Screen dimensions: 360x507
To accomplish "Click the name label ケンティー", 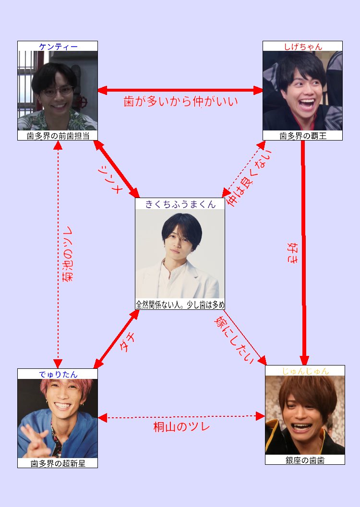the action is (58, 47).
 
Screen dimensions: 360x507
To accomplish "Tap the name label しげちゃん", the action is (302, 47).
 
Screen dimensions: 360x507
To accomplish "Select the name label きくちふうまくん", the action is (180, 203).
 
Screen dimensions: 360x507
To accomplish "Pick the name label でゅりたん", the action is (58, 374).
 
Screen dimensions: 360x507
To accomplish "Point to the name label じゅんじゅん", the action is (305, 371).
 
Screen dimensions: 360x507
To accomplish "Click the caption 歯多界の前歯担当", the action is (58, 136).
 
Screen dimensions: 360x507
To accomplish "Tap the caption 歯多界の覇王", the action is (302, 136).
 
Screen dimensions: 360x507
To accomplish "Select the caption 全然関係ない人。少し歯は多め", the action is (180, 305).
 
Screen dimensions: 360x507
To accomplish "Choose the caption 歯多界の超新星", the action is (58, 463).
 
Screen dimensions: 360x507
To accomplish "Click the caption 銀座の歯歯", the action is (305, 460).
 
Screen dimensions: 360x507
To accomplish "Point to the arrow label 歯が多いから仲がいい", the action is (180, 102).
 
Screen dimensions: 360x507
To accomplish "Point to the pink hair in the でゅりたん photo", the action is (58, 386).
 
